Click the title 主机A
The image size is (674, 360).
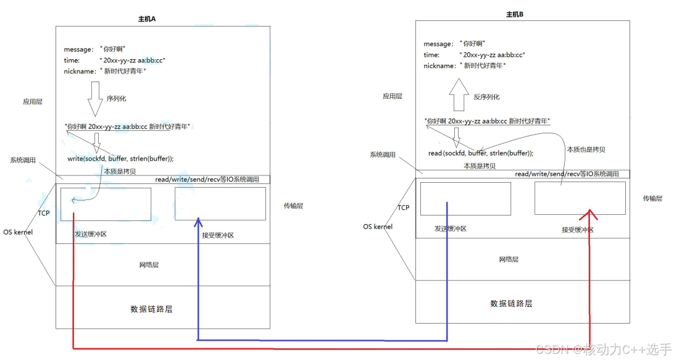tap(146, 19)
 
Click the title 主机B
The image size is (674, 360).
tap(515, 14)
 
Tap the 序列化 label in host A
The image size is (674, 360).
tap(116, 99)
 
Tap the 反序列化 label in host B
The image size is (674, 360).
tap(486, 97)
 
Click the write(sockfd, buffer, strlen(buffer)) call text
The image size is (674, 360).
tap(120, 159)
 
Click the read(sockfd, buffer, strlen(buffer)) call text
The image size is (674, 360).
tap(481, 153)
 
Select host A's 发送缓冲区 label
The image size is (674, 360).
tap(90, 234)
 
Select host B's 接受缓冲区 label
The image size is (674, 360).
tap(577, 230)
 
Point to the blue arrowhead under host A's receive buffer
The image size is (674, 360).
tap(198, 222)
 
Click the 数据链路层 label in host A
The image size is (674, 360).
tap(151, 309)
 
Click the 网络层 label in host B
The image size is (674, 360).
tap(509, 259)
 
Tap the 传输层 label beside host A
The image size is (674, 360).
tap(293, 206)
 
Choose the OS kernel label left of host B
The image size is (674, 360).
tap(377, 227)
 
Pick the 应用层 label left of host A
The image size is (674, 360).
tap(33, 101)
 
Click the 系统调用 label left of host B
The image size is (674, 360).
tap(382, 154)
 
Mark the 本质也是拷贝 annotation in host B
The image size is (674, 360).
tap(586, 149)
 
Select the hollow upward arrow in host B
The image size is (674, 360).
tap(459, 94)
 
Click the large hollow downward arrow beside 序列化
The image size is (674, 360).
tap(95, 99)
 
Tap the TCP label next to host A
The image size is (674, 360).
tap(43, 213)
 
